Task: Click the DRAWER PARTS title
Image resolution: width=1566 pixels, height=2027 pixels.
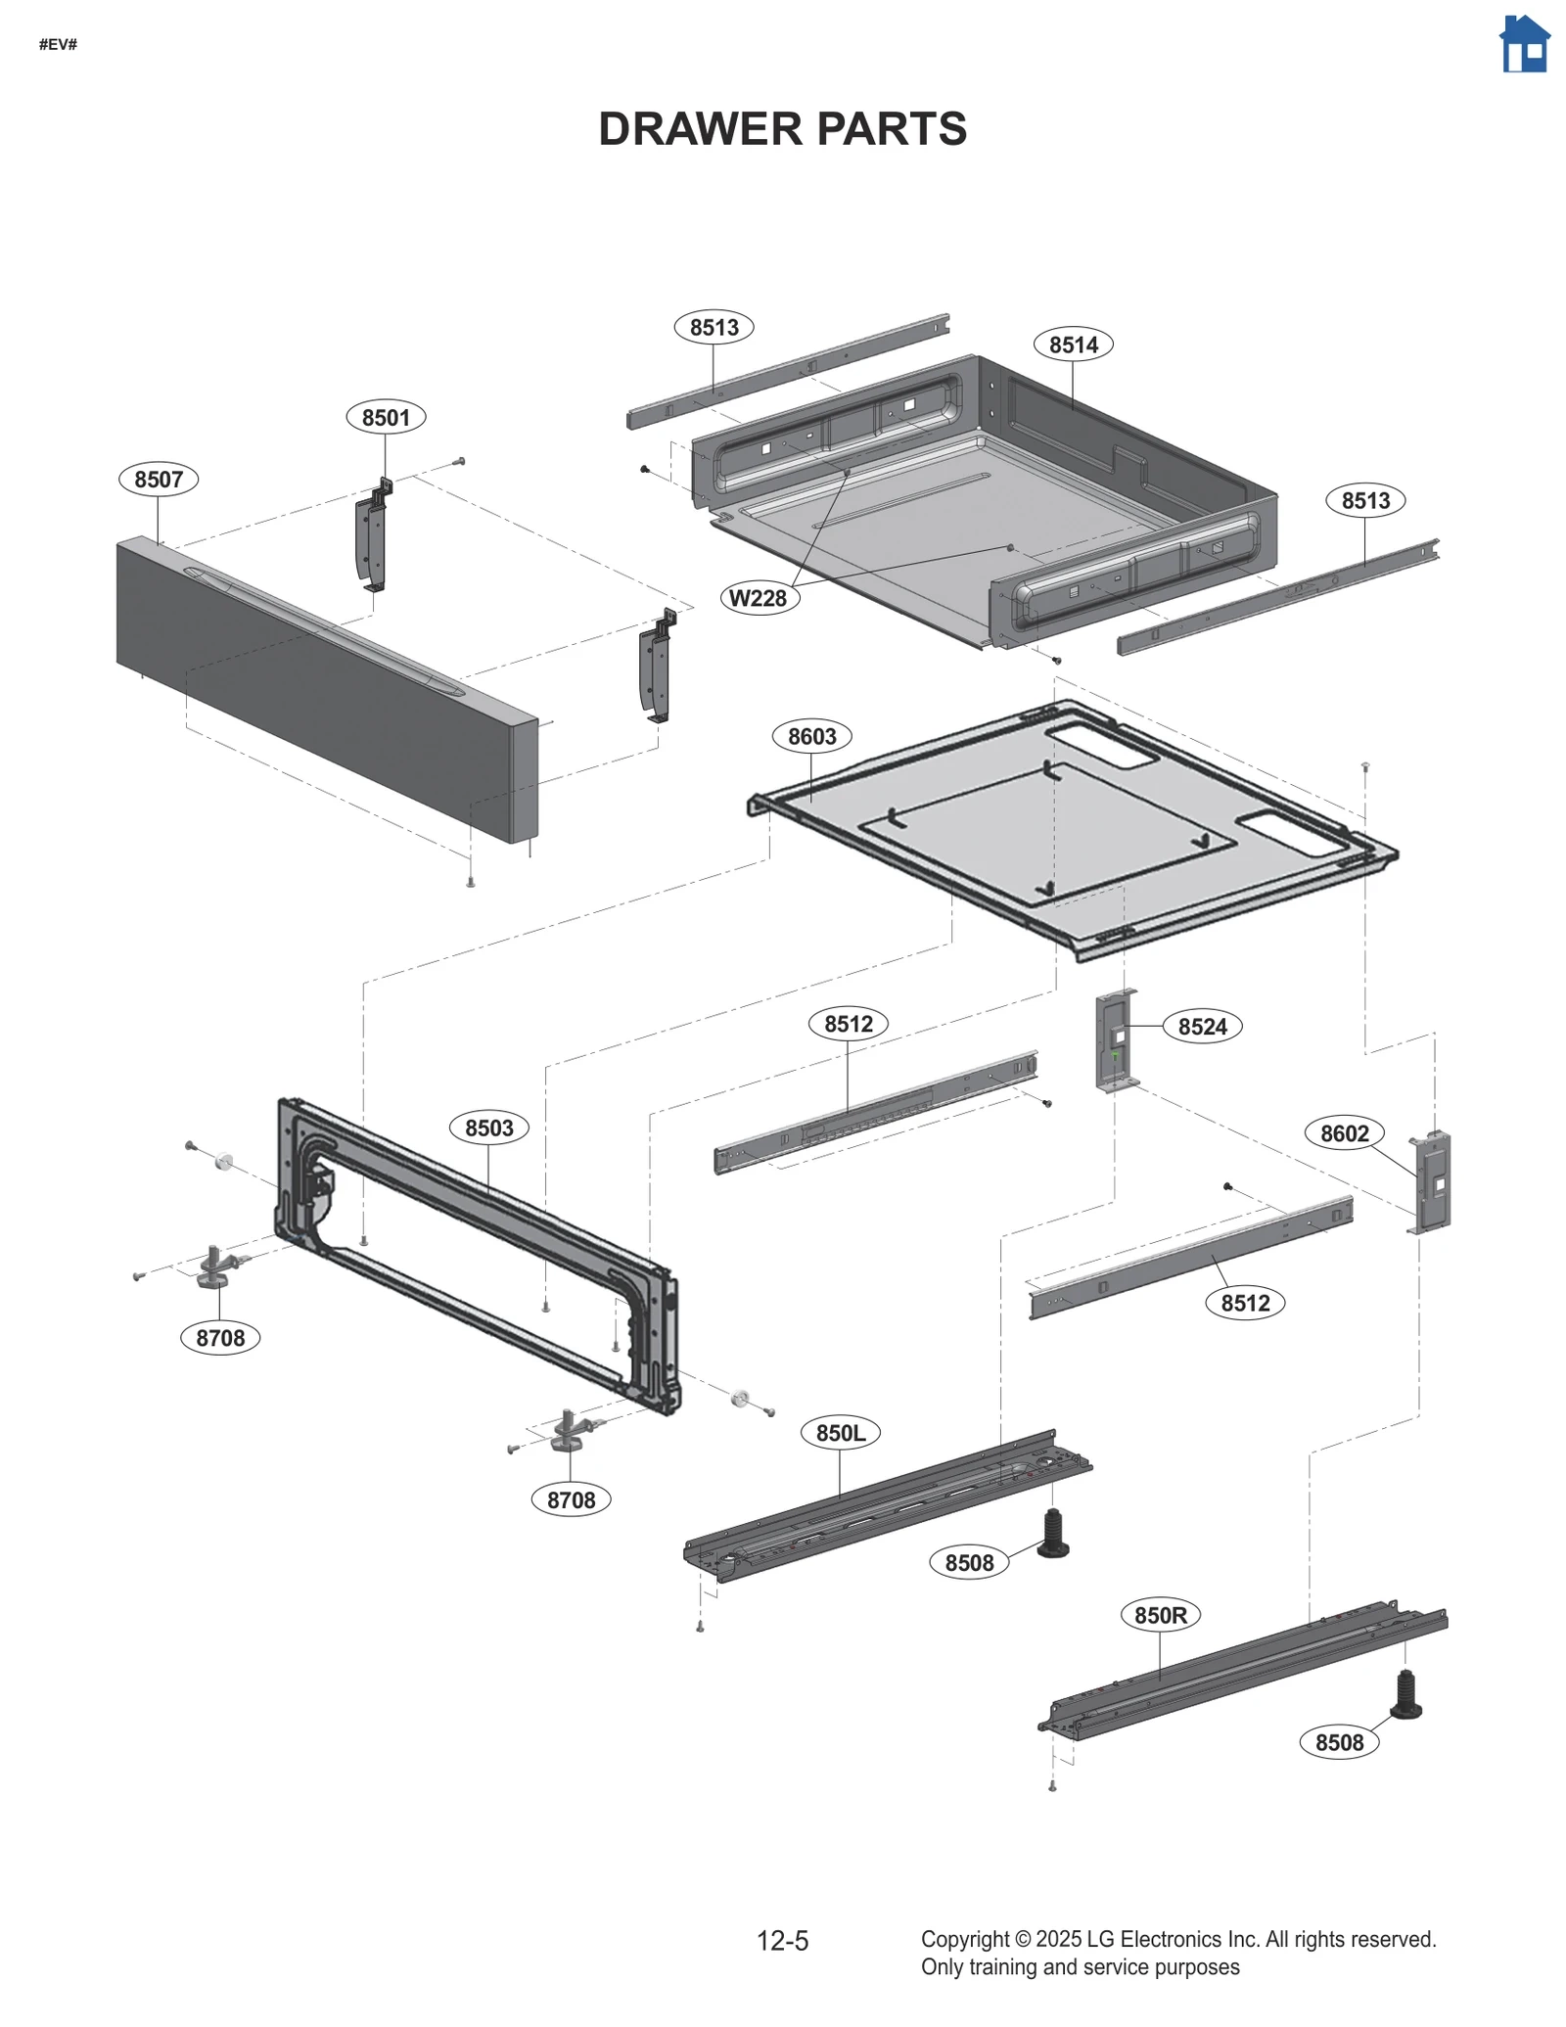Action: pos(782,129)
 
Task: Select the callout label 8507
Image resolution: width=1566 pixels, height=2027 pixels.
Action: pos(159,480)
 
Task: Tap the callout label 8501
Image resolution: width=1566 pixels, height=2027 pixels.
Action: pos(386,418)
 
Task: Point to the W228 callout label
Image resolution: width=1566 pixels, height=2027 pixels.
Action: pos(760,598)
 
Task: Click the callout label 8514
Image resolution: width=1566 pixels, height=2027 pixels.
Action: pos(1073,345)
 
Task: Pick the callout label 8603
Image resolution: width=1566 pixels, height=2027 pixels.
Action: pos(811,736)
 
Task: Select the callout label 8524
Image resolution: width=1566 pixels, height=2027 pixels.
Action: pos(1202,1027)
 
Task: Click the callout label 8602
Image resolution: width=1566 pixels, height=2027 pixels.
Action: pos(1344,1133)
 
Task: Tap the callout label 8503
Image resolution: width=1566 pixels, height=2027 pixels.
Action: pos(488,1128)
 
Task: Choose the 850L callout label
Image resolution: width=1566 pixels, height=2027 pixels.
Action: pos(841,1433)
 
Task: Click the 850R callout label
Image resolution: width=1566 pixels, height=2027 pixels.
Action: pos(1160,1615)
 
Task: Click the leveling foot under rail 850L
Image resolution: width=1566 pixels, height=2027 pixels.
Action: pos(1053,1534)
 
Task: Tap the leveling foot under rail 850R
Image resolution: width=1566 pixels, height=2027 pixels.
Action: pos(1405,1696)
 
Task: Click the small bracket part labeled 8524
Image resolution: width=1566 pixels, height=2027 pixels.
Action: pos(1116,1041)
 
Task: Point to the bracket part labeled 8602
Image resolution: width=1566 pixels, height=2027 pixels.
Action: pos(1432,1182)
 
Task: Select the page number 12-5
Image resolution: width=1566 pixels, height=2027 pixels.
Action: pos(782,1941)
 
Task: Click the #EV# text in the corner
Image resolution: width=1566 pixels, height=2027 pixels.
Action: pos(58,45)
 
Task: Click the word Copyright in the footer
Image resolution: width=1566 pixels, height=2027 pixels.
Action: pos(964,1939)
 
